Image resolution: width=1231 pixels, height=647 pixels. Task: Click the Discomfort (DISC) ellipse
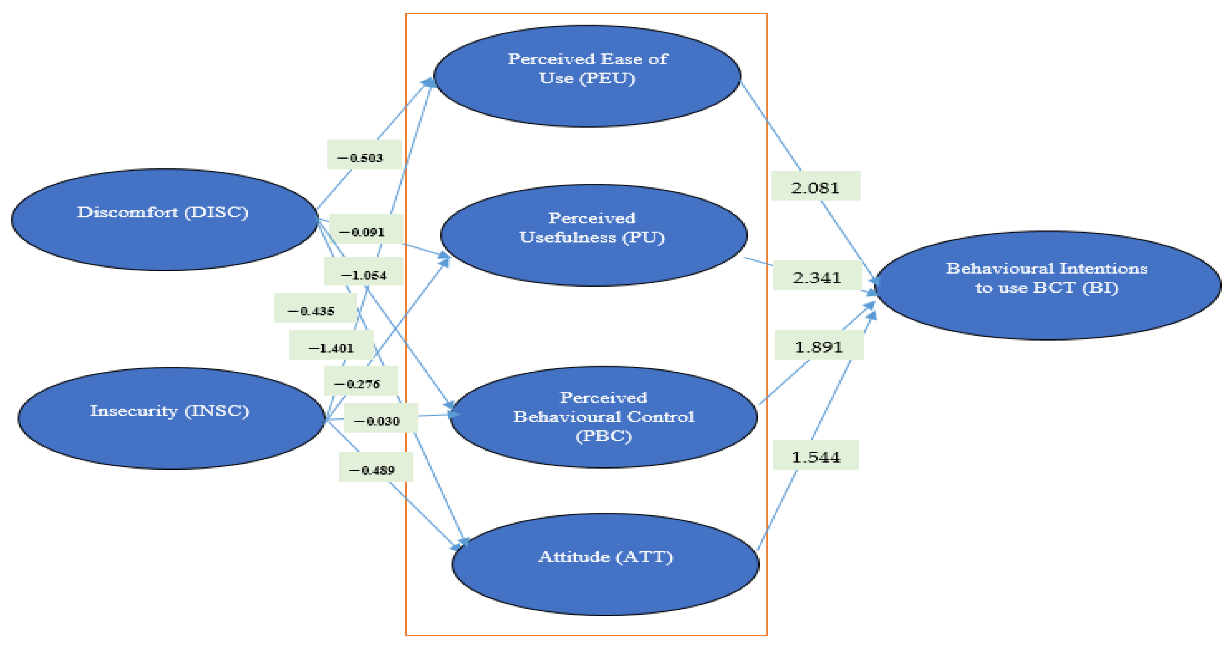coord(164,219)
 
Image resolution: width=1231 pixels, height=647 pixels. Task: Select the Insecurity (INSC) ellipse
coord(171,418)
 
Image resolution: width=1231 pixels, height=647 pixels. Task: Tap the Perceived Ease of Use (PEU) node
coord(587,76)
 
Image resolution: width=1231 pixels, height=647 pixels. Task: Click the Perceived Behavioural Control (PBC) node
coord(604,417)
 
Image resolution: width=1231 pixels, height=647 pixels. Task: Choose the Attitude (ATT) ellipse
coord(605,564)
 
